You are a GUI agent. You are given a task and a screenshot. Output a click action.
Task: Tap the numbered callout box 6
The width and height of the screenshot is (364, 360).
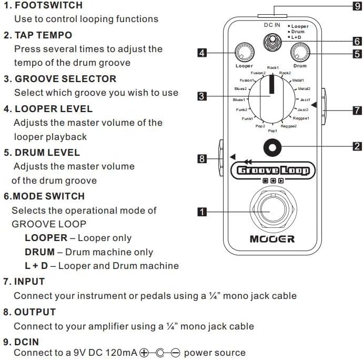(x=357, y=41)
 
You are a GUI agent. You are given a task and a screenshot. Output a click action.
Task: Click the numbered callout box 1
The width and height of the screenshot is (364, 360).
(x=201, y=213)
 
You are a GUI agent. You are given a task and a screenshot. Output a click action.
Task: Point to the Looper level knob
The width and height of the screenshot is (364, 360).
(x=242, y=53)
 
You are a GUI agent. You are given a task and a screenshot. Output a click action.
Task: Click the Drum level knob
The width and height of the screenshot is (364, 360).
(x=300, y=52)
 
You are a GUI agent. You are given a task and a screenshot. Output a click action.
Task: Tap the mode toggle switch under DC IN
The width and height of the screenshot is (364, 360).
(x=271, y=43)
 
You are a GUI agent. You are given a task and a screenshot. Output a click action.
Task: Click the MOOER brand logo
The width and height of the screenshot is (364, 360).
(x=272, y=239)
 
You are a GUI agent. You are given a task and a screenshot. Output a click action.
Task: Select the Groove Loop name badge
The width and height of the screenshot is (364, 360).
(x=272, y=170)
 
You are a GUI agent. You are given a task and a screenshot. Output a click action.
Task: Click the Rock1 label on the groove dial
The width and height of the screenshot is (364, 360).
(x=272, y=68)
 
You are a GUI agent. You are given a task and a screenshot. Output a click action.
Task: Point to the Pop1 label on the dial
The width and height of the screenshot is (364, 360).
(x=272, y=130)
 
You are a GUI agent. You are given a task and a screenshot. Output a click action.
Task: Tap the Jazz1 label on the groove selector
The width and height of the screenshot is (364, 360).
(x=306, y=99)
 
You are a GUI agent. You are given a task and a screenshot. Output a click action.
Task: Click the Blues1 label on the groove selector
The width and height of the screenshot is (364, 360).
(x=239, y=99)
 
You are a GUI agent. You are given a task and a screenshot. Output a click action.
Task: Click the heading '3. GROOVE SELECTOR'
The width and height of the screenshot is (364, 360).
(x=59, y=79)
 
